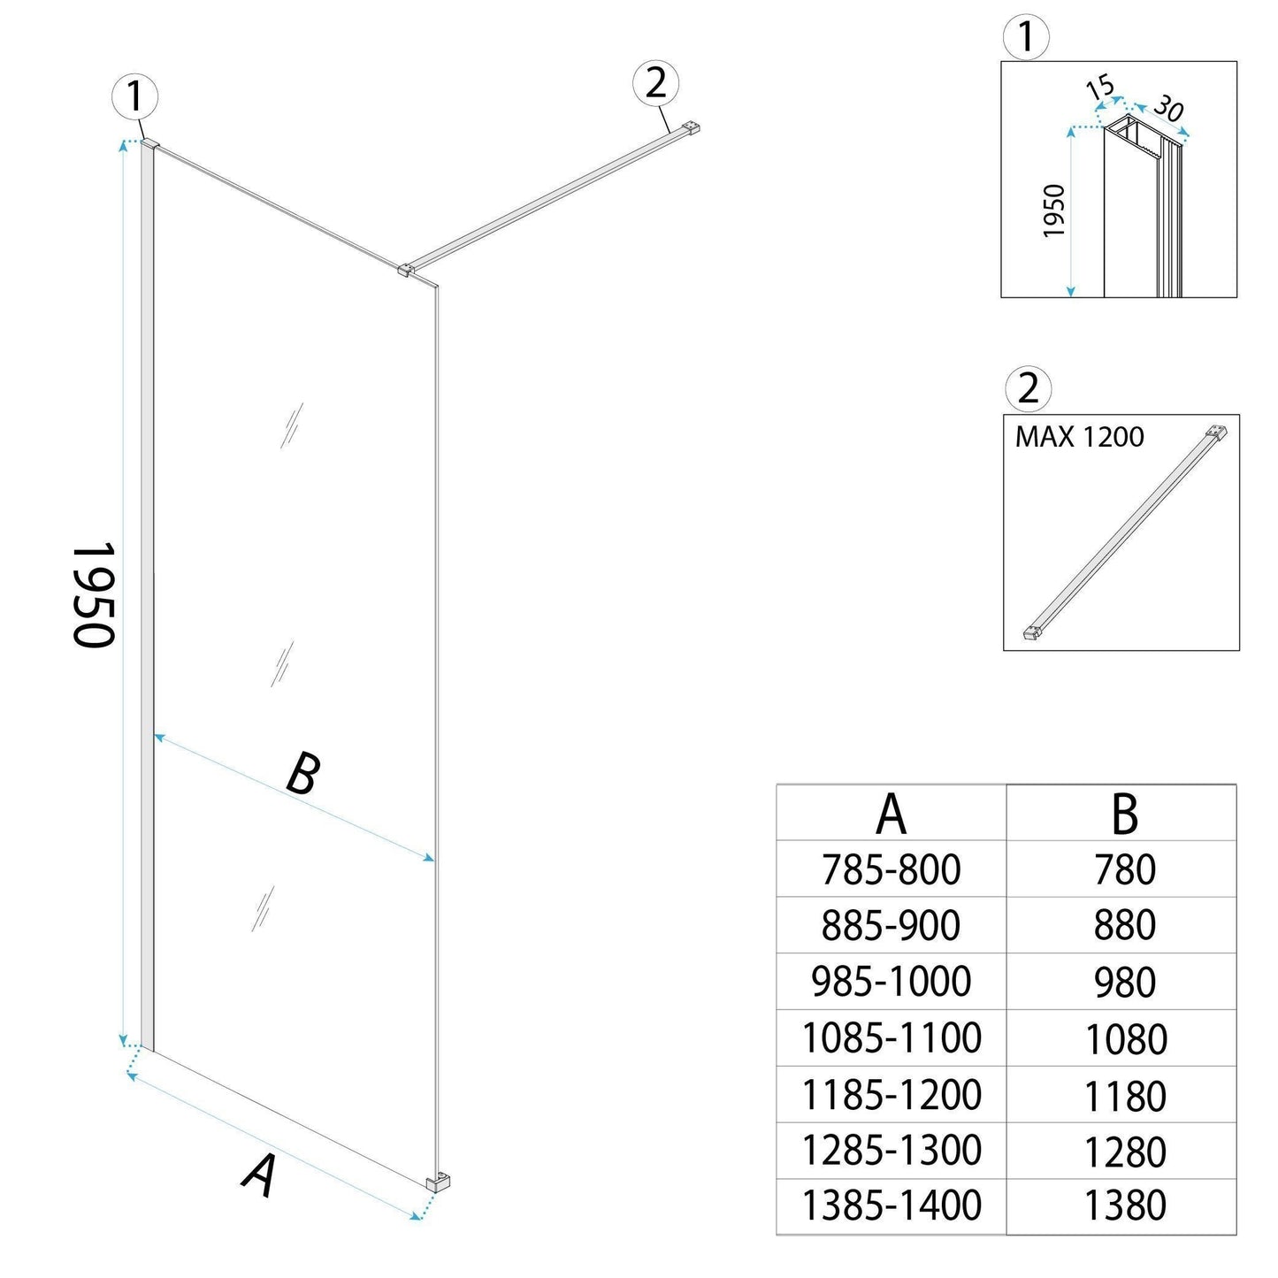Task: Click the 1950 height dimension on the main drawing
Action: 92,594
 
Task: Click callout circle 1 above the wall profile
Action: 134,96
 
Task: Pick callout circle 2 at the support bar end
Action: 655,84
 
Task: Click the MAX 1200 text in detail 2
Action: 1079,437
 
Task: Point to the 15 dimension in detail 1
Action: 1099,88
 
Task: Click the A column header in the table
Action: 891,814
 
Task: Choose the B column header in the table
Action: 1123,814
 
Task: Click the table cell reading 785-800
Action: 891,870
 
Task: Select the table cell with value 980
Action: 1124,983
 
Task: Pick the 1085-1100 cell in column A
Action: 891,1038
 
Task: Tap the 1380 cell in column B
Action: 1124,1206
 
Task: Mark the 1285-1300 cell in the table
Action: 891,1151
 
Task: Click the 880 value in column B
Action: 1124,926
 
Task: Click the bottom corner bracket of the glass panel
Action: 438,1182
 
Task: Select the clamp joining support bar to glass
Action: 407,269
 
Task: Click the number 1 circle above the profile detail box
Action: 1026,38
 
